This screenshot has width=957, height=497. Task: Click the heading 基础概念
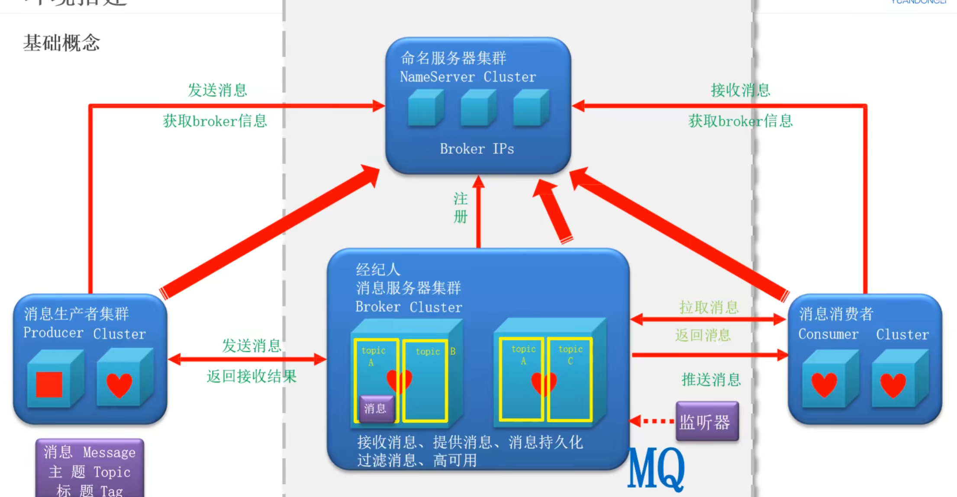61,43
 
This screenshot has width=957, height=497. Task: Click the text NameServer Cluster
468,77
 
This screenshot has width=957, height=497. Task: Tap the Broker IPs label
477,149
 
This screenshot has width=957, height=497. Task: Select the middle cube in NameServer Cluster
477,108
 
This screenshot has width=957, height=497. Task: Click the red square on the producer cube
49,385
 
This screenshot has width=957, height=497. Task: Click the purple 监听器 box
706,422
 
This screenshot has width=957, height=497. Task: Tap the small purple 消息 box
376,408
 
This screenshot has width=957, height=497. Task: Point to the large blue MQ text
656,468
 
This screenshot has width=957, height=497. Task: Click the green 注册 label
461,208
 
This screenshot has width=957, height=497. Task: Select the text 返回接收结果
251,376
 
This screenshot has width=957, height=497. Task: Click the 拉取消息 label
709,308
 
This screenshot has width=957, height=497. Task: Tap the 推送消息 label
711,379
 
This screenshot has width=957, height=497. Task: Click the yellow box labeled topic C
570,379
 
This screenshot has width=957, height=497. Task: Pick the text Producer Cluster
84,333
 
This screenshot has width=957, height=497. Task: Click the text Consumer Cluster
863,334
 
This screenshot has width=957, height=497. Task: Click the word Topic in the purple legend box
112,472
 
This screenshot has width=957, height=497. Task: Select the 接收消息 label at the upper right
740,90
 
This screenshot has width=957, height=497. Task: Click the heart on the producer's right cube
119,385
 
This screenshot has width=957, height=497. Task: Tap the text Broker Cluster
409,307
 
